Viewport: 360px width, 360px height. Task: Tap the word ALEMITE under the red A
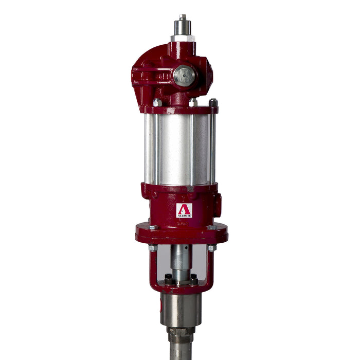pyautogui.click(x=184, y=215)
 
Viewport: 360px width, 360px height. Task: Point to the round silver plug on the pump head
pyautogui.click(x=184, y=76)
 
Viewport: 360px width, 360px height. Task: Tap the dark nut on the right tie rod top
pyautogui.click(x=213, y=103)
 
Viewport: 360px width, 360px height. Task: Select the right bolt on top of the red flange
pyautogui.click(x=211, y=227)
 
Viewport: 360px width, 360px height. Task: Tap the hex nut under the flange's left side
pyautogui.click(x=153, y=248)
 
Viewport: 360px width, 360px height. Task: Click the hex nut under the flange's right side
pyautogui.click(x=211, y=248)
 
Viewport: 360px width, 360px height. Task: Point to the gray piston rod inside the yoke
pyautogui.click(x=181, y=260)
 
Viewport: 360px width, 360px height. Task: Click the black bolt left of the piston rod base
pyautogui.click(x=168, y=279)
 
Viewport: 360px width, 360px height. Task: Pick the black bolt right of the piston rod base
pyautogui.click(x=193, y=279)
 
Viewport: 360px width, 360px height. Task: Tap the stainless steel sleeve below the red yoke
pyautogui.click(x=181, y=309)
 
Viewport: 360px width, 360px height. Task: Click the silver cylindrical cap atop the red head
pyautogui.click(x=183, y=30)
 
